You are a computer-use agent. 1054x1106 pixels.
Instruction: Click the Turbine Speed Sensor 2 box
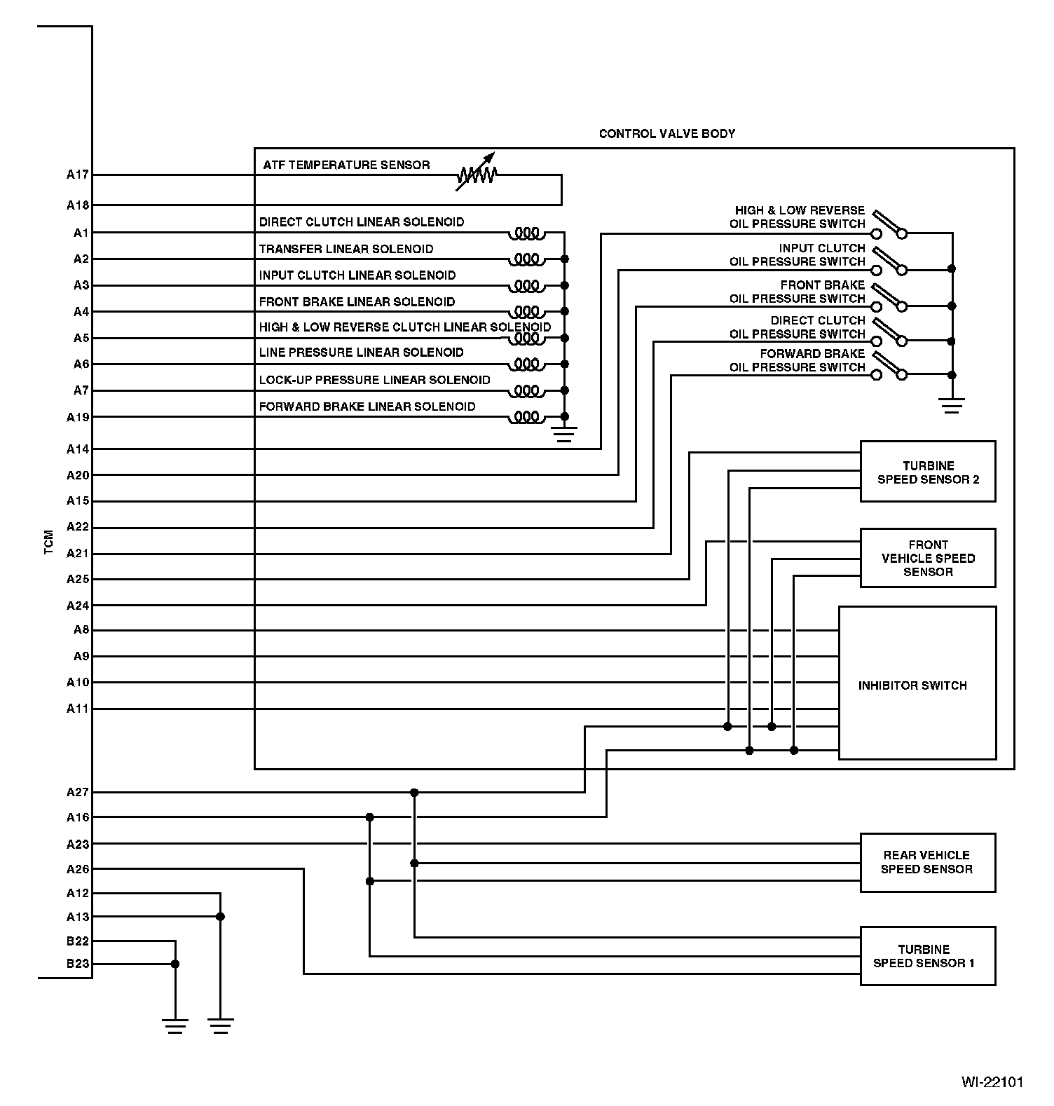(927, 472)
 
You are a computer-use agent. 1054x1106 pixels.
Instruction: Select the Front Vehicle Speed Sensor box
(927, 558)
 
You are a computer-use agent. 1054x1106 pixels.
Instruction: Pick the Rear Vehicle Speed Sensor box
(927, 862)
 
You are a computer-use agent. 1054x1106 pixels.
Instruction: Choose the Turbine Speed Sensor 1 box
(927, 956)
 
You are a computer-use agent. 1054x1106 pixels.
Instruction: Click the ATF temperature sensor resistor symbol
(477, 174)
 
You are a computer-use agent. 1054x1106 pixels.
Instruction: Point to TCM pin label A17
(78, 175)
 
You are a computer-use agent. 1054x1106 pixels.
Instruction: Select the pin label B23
(78, 964)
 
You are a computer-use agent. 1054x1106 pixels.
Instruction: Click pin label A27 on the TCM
(78, 792)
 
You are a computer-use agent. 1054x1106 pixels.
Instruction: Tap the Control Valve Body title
(666, 134)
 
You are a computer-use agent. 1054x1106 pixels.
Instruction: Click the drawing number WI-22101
(992, 1082)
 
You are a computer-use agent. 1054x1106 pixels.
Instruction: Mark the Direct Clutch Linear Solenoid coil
(526, 233)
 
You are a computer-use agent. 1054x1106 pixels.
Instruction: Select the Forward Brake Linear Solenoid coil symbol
(526, 418)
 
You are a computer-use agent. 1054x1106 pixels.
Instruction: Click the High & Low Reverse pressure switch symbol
(889, 226)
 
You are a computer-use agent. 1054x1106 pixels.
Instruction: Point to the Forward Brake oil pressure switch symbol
(889, 368)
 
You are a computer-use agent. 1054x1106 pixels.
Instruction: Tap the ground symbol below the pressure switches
(951, 405)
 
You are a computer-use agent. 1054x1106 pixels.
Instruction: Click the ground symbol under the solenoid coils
(563, 434)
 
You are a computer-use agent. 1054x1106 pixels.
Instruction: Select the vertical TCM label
(48, 542)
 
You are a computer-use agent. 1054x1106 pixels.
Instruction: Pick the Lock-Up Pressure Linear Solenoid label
(374, 380)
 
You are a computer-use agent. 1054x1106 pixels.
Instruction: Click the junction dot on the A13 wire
(220, 917)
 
